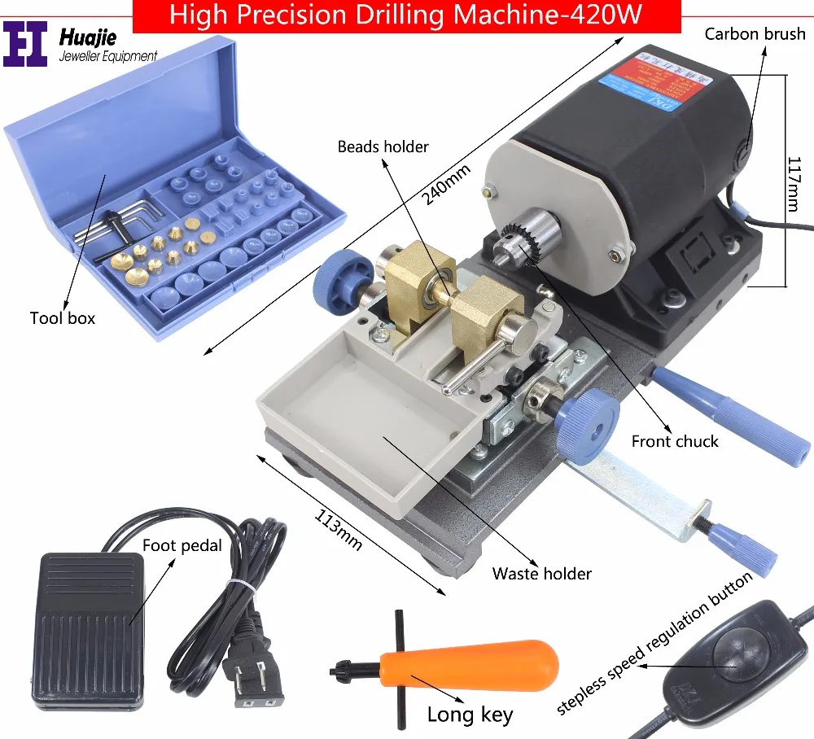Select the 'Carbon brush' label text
click(x=755, y=33)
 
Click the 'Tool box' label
click(x=63, y=317)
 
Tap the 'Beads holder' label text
click(x=383, y=146)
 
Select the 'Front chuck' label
click(x=675, y=441)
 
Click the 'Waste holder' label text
click(x=541, y=573)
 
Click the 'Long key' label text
click(x=470, y=715)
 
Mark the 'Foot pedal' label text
click(x=182, y=545)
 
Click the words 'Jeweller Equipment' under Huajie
click(x=108, y=56)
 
